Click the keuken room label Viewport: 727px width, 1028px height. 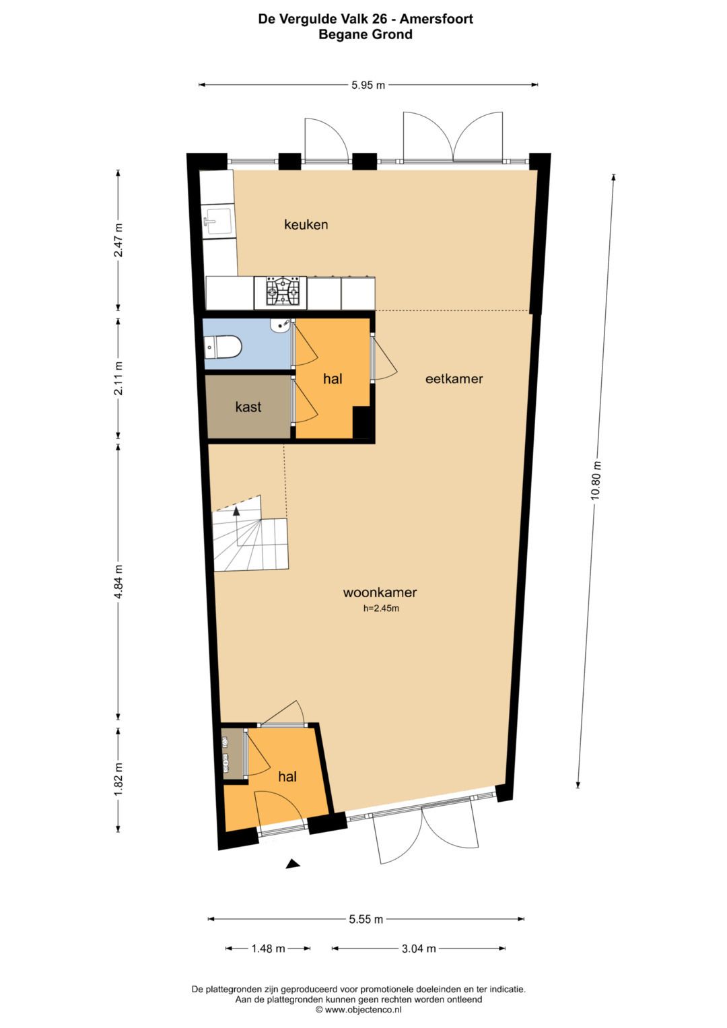click(306, 224)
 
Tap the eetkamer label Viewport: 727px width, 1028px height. click(454, 378)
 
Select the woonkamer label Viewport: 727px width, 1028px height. click(380, 592)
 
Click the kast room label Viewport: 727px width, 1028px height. click(248, 407)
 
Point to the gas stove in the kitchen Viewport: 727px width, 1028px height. click(280, 292)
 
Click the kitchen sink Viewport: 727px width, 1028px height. click(218, 221)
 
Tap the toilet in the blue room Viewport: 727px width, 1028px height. click(222, 346)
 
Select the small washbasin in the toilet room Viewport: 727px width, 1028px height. click(279, 325)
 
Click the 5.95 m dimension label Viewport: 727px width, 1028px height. click(368, 85)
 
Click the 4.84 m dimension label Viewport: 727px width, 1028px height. click(118, 582)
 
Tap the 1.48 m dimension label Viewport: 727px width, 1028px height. click(268, 948)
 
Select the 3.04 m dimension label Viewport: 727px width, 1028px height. click(419, 948)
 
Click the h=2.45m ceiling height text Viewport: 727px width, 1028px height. click(381, 609)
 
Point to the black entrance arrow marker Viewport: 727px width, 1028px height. click(293, 864)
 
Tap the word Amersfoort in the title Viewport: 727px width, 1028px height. click(436, 19)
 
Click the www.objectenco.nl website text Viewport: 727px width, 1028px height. click(363, 1009)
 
